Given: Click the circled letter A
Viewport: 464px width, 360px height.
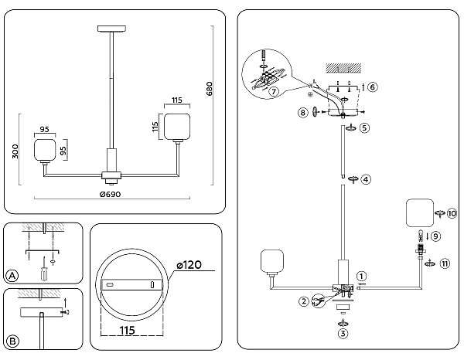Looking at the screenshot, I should pos(12,276).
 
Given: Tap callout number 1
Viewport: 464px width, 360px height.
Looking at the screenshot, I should pos(360,275).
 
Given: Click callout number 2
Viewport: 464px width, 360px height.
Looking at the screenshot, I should pos(304,301).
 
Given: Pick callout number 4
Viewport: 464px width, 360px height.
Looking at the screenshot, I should pos(366,179).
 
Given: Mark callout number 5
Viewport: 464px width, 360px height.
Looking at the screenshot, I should pos(364,127).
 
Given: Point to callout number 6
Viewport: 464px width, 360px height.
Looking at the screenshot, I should pos(372,87).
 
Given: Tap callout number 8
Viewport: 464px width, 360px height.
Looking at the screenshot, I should pos(302,113).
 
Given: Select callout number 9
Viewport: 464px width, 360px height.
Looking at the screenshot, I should pos(435,236).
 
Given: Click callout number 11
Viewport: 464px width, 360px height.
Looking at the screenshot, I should pos(444,263).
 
